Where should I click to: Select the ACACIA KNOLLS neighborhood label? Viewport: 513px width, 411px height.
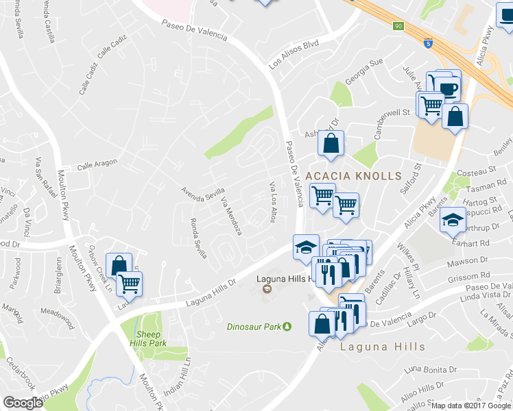point(353,176)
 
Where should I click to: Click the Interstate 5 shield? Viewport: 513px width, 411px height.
point(428,41)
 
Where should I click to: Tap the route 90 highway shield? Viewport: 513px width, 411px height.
point(398,27)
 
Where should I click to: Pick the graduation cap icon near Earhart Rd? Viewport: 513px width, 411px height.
point(453,220)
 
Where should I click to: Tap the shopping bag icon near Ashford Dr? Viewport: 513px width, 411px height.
point(331,144)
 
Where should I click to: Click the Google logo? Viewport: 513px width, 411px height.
point(23,403)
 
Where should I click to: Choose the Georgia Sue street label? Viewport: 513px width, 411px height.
point(363,71)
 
